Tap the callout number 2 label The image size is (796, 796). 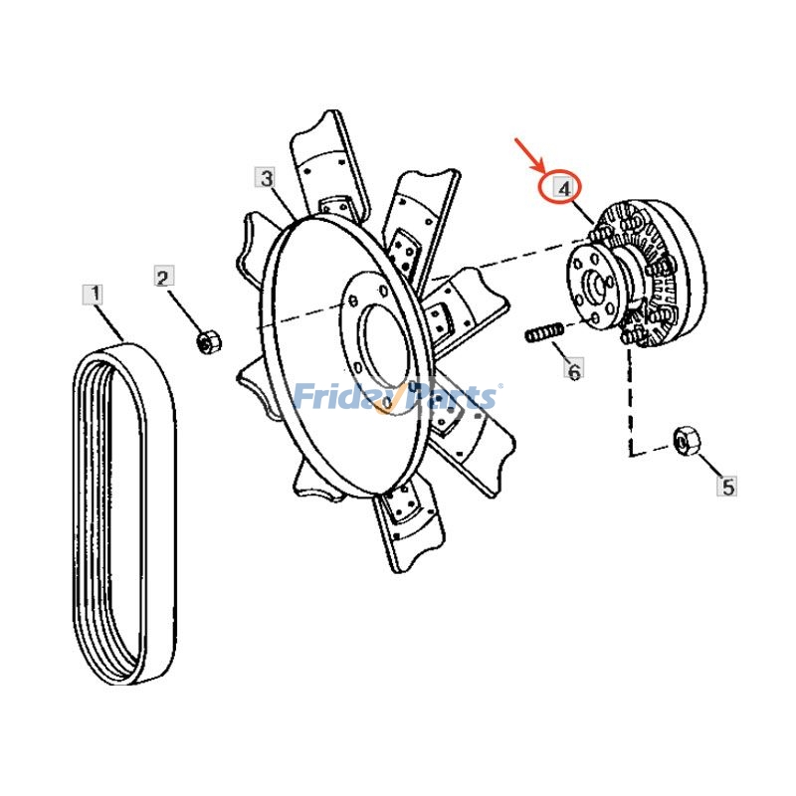pos(164,277)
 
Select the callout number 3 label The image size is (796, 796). pos(266,178)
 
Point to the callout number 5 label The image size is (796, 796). pos(728,487)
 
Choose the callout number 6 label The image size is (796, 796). pos(574,371)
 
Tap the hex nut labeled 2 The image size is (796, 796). pos(208,342)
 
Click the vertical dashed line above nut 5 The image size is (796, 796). pos(629,398)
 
